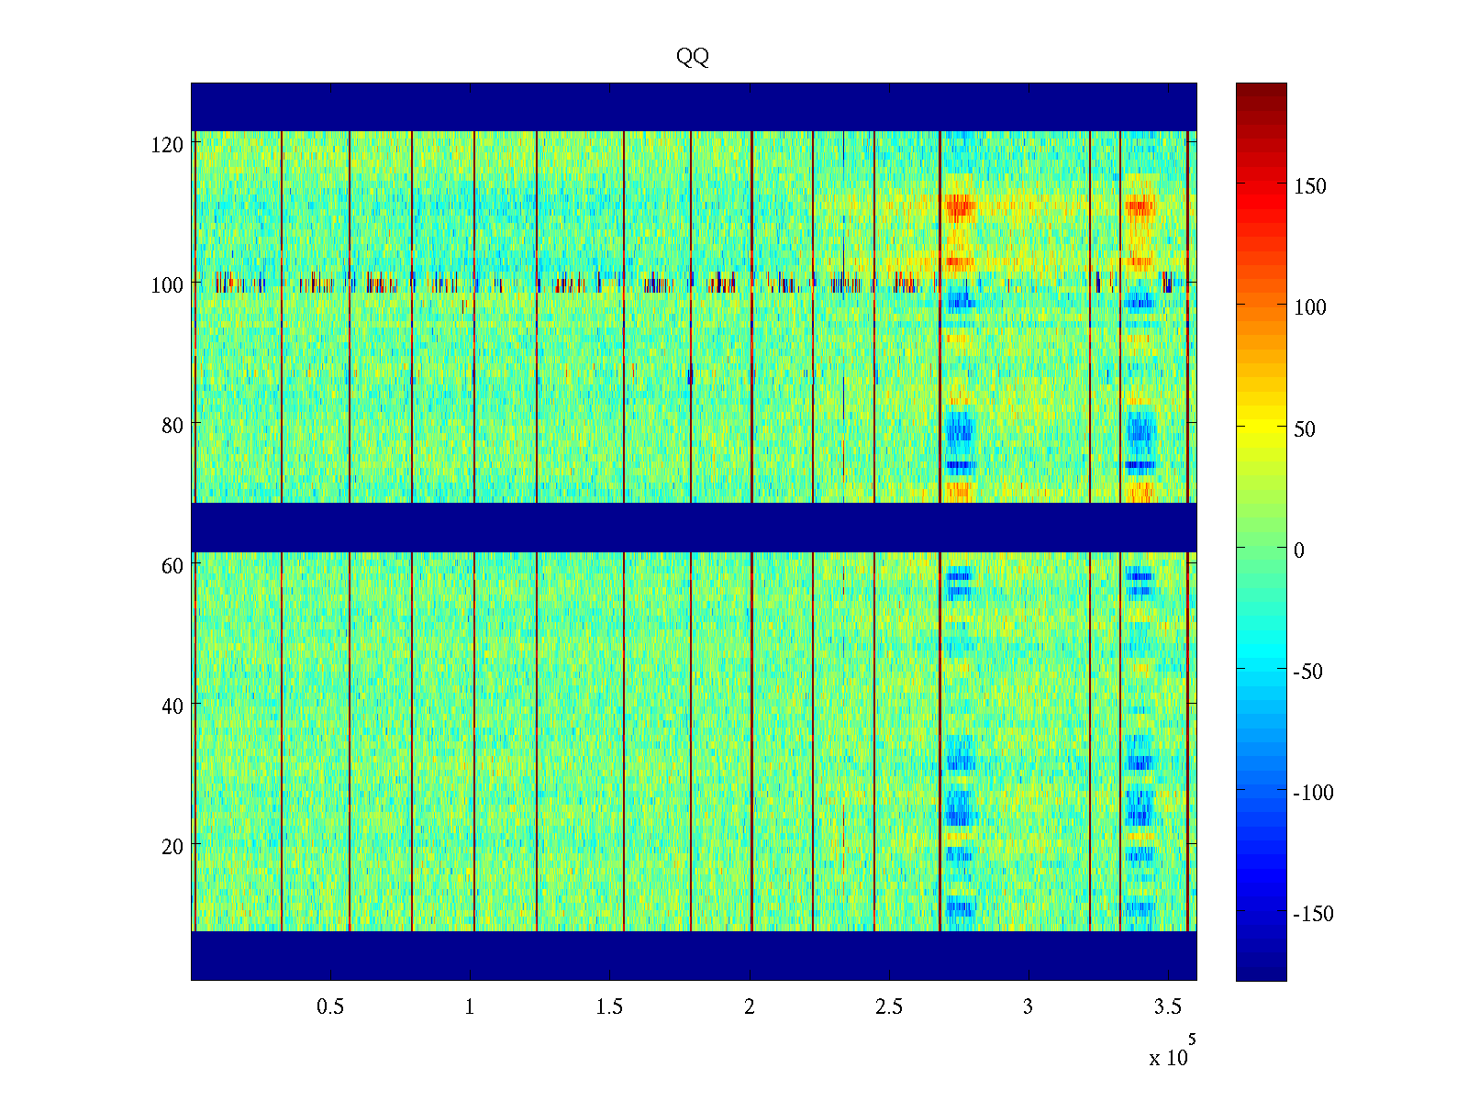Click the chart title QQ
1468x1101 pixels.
point(693,57)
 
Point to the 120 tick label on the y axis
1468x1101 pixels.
point(167,145)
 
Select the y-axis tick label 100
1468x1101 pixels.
point(167,285)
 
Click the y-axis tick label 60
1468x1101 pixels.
point(172,566)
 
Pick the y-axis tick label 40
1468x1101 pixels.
point(172,706)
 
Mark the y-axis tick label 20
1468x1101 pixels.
point(172,847)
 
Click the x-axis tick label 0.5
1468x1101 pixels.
point(330,1007)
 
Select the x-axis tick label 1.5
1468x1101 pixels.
point(609,1007)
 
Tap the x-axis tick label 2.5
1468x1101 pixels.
point(888,1007)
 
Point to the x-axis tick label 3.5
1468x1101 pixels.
point(1167,1007)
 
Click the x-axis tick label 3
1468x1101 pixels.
point(1028,1007)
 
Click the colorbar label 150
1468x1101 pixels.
point(1310,187)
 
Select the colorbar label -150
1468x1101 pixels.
point(1313,915)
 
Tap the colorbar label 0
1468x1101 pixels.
point(1298,550)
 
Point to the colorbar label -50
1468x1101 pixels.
point(1308,672)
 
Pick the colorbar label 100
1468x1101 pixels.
point(1310,308)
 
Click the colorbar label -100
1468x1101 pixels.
point(1313,794)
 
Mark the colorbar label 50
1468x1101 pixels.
point(1305,429)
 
